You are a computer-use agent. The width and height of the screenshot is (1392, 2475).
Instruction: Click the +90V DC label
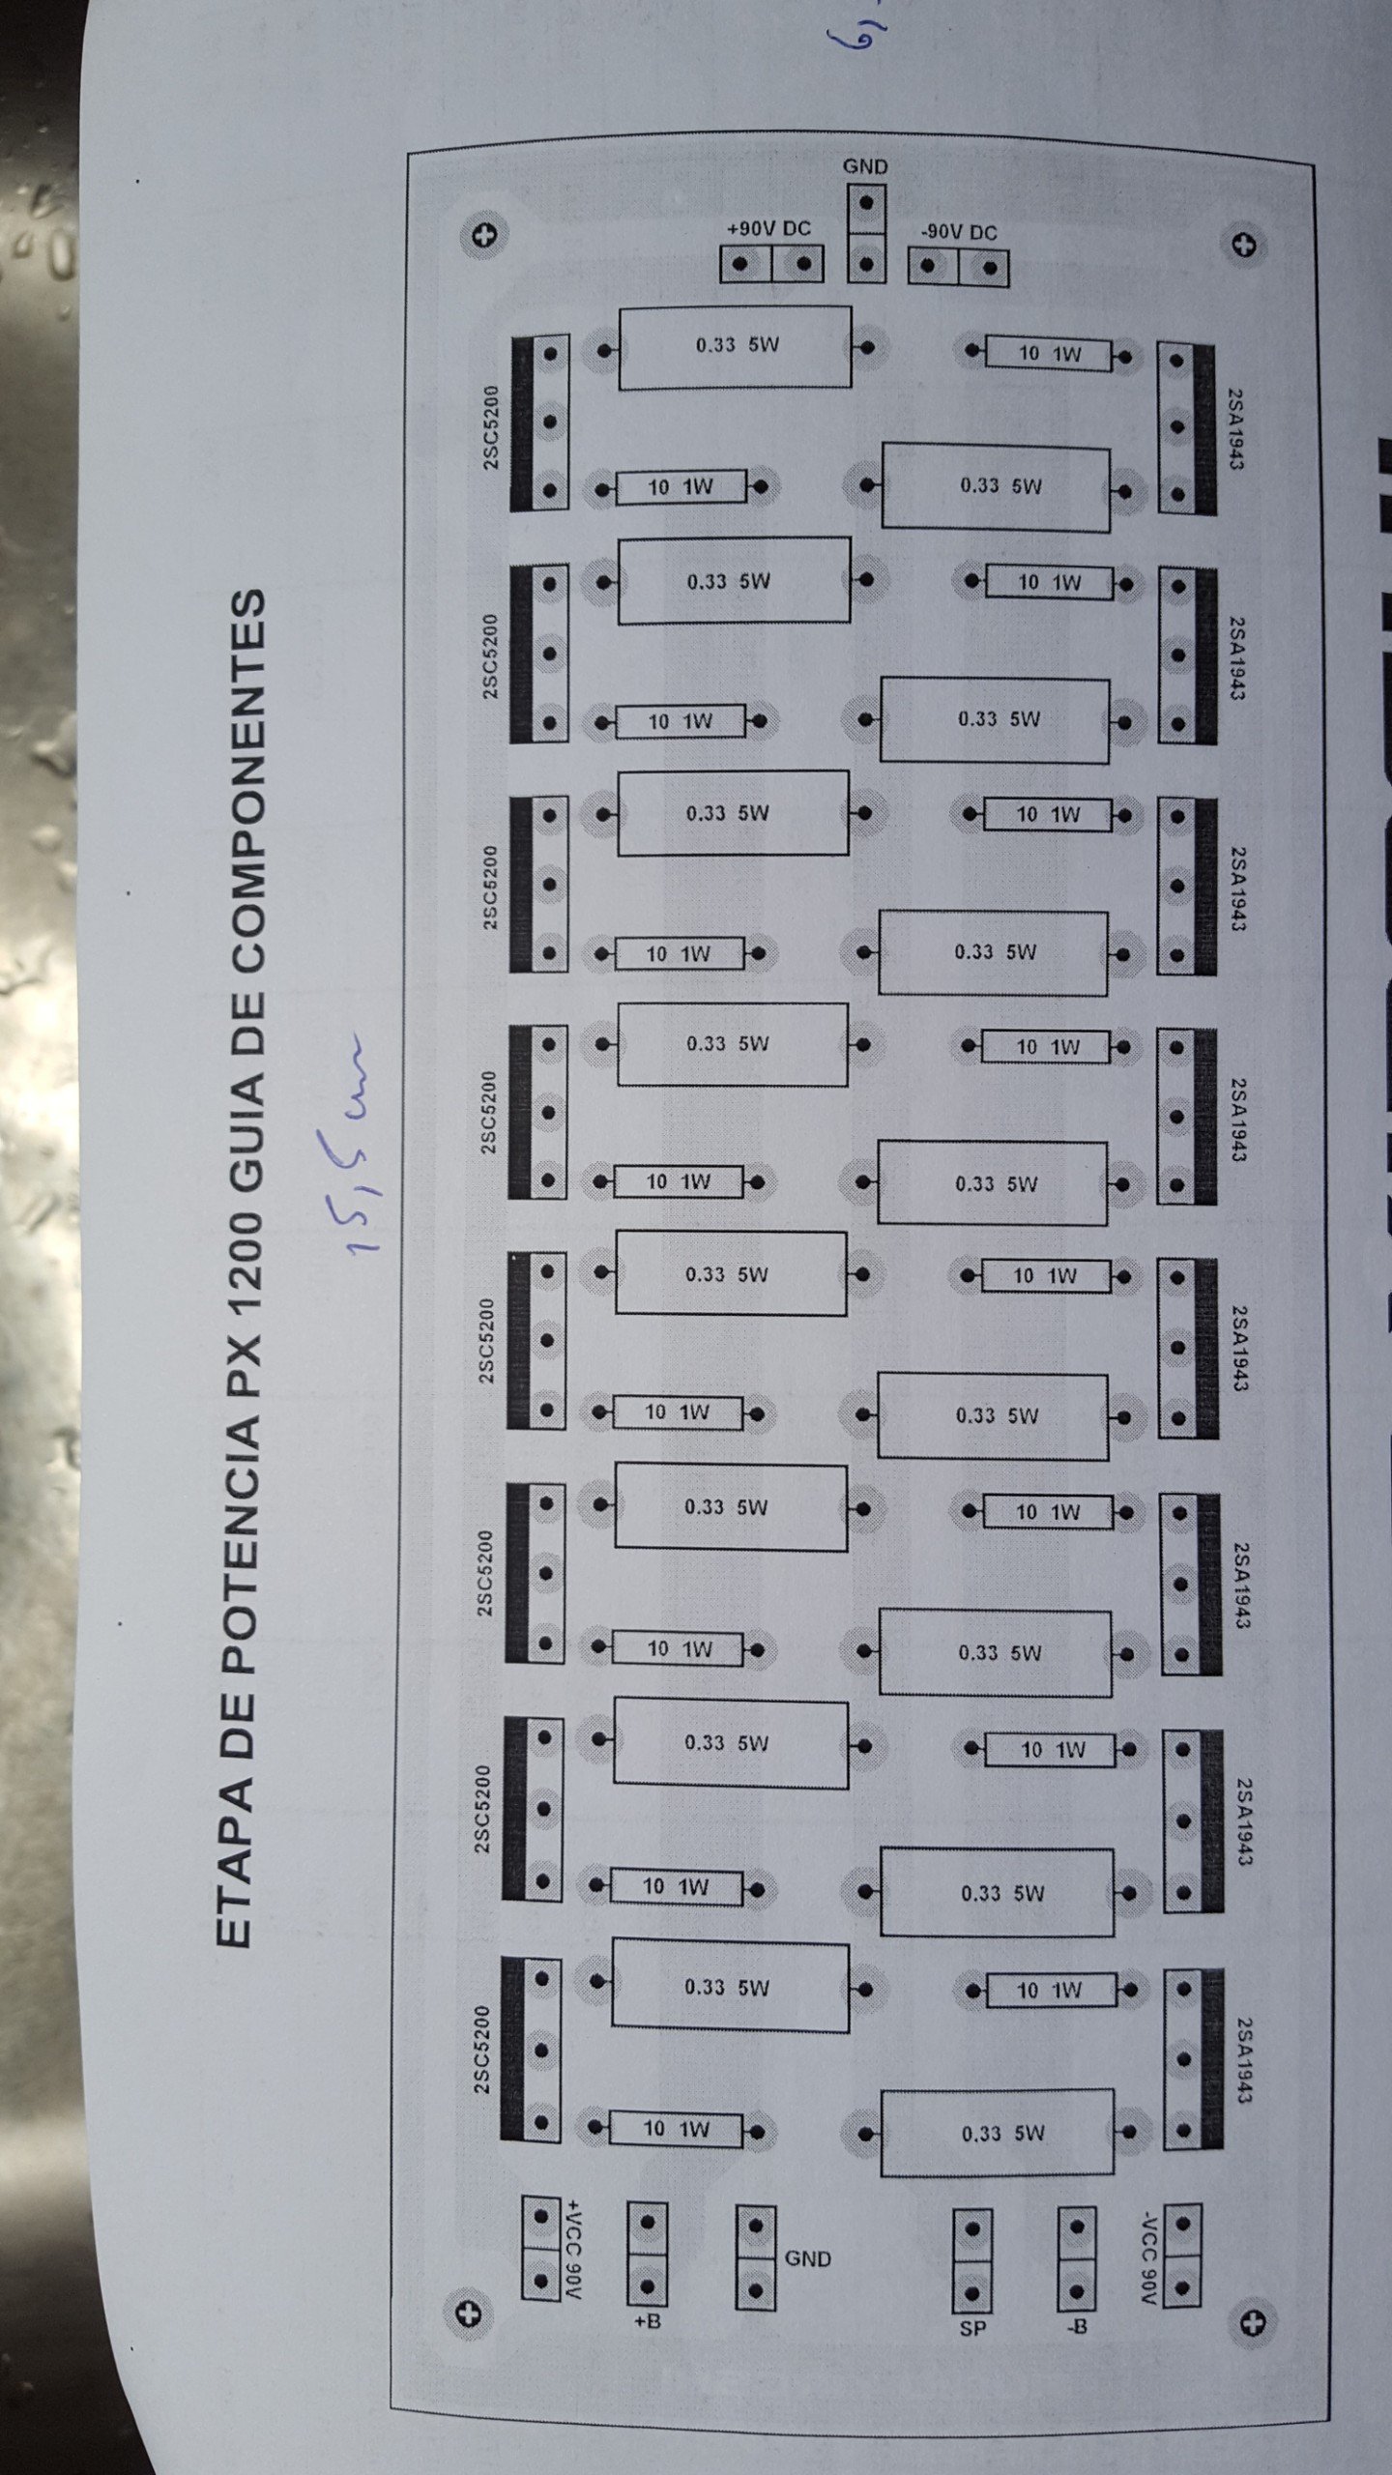coord(768,229)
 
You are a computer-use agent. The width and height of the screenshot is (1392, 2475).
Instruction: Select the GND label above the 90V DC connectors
coord(865,166)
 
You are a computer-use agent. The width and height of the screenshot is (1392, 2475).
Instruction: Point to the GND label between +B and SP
coord(807,2259)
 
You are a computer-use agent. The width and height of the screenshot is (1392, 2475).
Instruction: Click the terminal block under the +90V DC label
coord(771,264)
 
